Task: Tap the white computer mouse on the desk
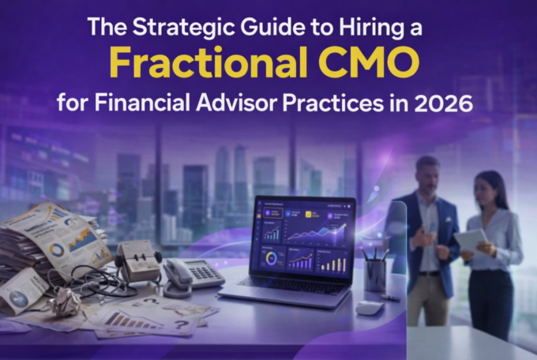coord(369,306)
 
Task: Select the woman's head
coord(487,186)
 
